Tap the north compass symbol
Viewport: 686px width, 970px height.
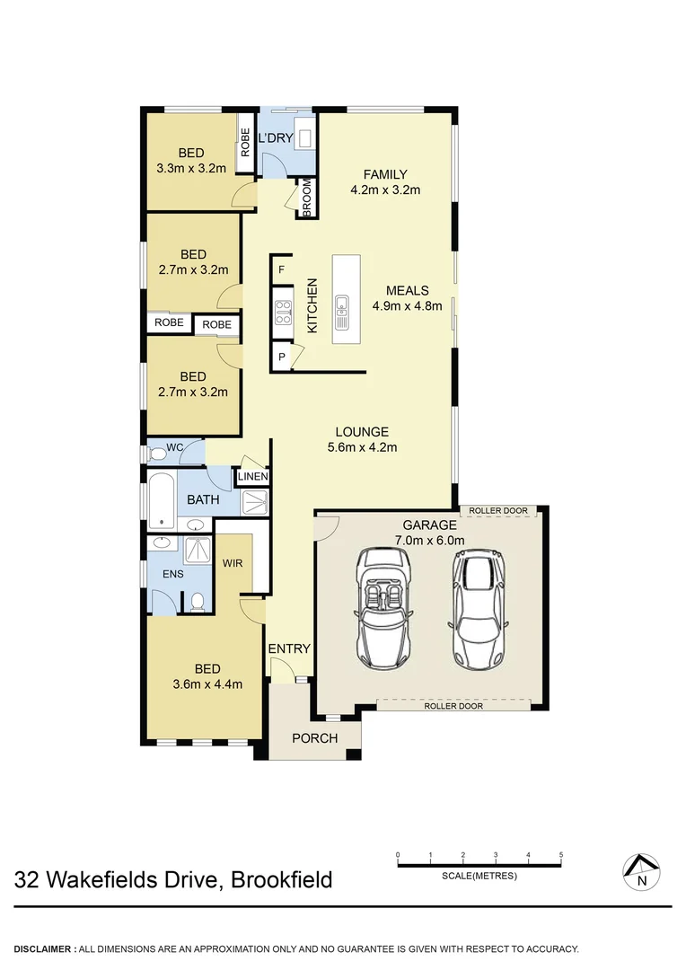641,870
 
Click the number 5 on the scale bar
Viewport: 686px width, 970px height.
561,854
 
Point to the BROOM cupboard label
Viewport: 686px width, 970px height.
306,198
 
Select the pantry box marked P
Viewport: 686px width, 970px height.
282,357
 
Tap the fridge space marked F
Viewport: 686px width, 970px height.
282,269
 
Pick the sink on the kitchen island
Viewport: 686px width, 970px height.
341,312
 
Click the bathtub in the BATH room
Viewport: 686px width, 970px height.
162,500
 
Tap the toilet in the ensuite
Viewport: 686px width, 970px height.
198,602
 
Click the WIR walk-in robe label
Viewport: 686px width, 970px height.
232,563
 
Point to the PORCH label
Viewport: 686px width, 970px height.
315,738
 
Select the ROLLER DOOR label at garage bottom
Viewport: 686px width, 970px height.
453,706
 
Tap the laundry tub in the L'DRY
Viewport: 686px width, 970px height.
304,138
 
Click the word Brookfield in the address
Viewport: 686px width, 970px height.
282,878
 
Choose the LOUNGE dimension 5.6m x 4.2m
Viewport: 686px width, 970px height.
363,446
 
